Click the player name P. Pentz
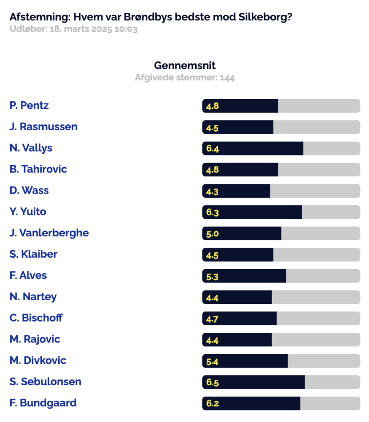click(x=29, y=105)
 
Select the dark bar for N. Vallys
click(x=253, y=148)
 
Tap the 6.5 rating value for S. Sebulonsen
click(x=213, y=382)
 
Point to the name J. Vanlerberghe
click(x=49, y=233)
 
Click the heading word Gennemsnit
click(x=185, y=65)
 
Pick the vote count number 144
click(x=227, y=78)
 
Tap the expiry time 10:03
click(x=126, y=29)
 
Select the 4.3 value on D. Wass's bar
click(x=212, y=191)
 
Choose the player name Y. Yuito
click(x=28, y=211)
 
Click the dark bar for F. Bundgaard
click(x=251, y=403)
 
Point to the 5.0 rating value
click(x=213, y=234)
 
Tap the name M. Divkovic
click(x=38, y=360)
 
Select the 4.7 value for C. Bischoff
click(x=212, y=319)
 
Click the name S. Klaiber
click(x=33, y=254)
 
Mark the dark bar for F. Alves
click(x=244, y=276)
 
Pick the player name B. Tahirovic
click(x=38, y=169)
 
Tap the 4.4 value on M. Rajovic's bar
click(x=212, y=340)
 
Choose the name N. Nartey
click(x=33, y=297)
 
